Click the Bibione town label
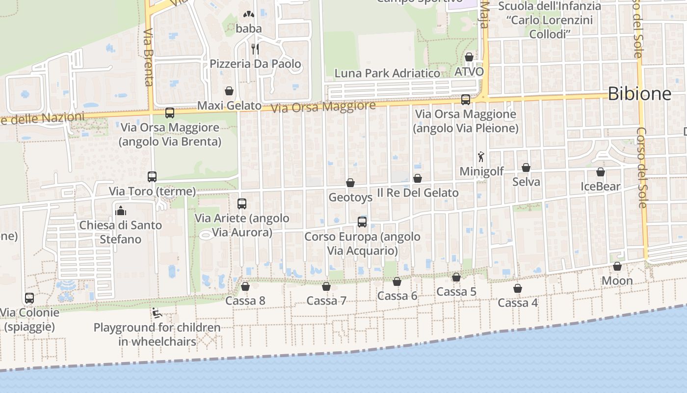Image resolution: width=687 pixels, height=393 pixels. (639, 93)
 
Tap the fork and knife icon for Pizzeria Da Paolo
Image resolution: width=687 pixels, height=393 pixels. (255, 49)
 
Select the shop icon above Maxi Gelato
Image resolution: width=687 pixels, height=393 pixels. (229, 91)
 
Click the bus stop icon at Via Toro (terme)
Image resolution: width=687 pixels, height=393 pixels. (152, 177)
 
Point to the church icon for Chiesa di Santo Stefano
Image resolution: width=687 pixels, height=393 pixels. (120, 211)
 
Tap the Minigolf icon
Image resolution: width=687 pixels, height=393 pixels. (481, 157)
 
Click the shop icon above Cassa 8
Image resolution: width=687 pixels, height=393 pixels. (245, 286)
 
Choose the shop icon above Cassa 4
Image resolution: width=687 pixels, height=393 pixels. (518, 288)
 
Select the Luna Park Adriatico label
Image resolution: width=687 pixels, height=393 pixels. (387, 73)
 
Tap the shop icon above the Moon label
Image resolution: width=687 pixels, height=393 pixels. (617, 266)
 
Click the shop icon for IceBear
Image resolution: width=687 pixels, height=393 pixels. (601, 172)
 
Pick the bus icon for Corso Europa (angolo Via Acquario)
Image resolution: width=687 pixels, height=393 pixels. (362, 222)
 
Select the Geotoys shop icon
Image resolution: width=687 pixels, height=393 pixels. (350, 183)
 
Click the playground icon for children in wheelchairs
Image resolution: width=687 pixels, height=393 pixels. (157, 313)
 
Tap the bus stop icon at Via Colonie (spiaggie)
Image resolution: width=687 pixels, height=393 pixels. (29, 298)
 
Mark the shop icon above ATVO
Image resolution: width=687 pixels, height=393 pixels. (469, 57)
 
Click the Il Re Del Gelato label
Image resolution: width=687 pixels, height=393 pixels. (418, 193)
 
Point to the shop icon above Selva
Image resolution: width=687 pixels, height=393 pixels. (526, 168)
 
